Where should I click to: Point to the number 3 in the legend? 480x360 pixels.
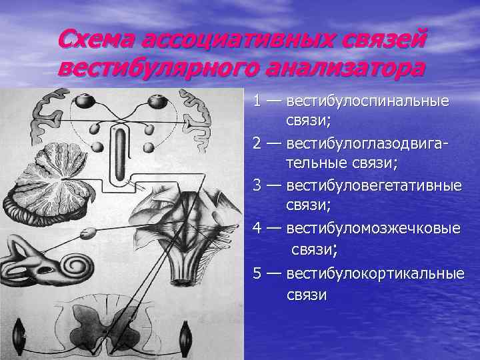[x=257, y=185]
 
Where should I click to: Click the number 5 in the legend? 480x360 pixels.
[x=257, y=273]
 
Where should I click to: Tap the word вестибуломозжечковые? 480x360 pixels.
[x=373, y=228]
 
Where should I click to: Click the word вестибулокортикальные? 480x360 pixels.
[x=375, y=273]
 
